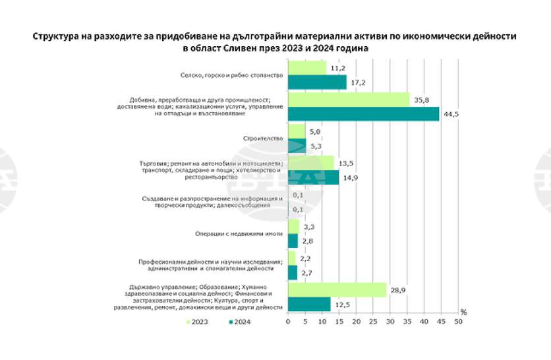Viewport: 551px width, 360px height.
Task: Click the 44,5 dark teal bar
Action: click(364, 114)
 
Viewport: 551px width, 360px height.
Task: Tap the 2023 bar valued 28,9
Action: click(337, 290)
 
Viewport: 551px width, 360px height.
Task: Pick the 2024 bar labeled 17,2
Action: click(317, 82)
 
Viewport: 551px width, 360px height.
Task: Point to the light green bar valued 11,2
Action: click(307, 68)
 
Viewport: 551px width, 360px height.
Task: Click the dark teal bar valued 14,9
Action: click(313, 177)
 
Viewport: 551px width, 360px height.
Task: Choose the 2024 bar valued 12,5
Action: click(309, 304)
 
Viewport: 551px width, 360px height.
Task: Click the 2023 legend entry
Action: click(197, 322)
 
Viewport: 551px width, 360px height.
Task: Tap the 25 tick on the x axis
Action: click(373, 322)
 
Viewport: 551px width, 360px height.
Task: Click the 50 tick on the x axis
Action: click(459, 322)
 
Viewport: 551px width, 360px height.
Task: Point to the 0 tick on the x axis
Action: click(288, 322)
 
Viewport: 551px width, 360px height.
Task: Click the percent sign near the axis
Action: click(463, 311)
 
